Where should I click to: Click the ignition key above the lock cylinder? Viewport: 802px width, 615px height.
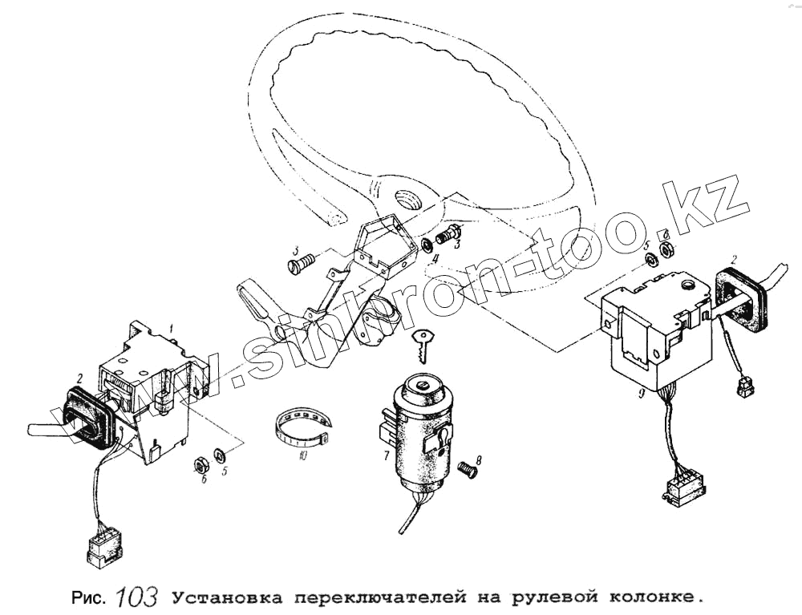(x=423, y=346)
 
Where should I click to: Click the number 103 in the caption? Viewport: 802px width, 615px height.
(x=137, y=596)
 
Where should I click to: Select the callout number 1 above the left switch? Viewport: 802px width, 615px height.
(x=172, y=326)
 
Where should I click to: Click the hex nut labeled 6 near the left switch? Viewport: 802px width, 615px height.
(x=200, y=464)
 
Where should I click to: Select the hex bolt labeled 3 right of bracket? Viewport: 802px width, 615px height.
(x=448, y=233)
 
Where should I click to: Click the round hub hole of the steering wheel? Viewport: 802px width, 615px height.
(x=410, y=200)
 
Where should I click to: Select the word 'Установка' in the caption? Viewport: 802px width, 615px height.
(x=227, y=597)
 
